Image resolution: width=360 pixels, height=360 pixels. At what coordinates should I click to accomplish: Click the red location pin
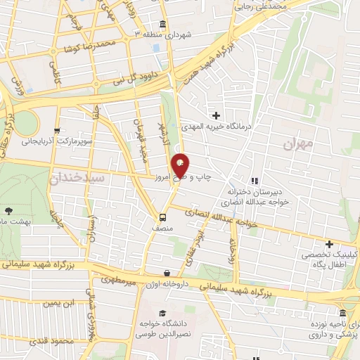(180, 164)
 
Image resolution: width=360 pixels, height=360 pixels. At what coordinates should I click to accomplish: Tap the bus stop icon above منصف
(162, 217)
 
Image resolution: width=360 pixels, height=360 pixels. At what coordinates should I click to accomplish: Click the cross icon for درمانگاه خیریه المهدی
(217, 115)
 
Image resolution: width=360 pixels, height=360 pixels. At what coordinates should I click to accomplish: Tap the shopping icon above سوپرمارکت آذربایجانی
(57, 130)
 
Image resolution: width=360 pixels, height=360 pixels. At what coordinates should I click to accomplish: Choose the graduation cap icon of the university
(162, 313)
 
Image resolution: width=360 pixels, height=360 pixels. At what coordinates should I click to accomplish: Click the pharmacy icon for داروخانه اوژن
(167, 274)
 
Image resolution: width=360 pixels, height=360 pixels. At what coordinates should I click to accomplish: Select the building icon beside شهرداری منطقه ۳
(163, 24)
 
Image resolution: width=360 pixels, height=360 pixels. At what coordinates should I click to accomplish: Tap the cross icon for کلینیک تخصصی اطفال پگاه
(328, 243)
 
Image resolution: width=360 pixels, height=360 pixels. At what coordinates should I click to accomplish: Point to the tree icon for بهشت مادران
(8, 210)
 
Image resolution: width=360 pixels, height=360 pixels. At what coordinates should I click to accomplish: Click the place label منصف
(162, 229)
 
